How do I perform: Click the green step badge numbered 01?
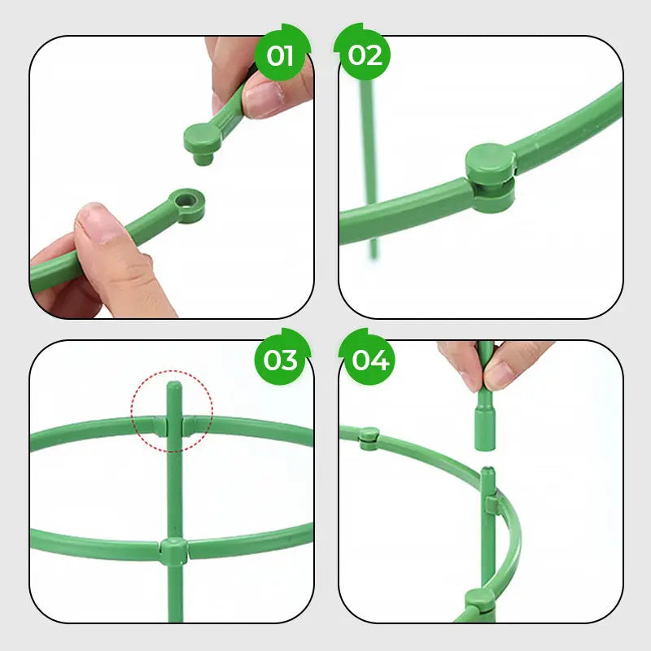coord(281,55)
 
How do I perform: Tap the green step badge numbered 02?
coord(365,55)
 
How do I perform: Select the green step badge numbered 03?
coord(281,359)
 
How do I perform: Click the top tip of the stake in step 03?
coord(173,386)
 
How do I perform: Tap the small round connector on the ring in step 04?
coord(369,436)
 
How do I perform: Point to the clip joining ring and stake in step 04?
coord(489,504)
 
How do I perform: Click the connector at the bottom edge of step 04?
coord(473,605)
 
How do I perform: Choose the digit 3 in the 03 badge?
coord(289,359)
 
